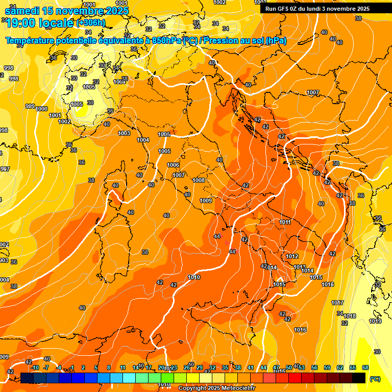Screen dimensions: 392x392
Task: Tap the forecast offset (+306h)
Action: point(90,22)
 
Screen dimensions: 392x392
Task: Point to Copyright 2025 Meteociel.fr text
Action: point(216,388)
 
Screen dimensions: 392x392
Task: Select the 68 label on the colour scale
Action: point(365,367)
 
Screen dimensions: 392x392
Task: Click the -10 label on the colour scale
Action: point(34,367)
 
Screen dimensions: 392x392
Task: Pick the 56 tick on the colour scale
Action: point(314,367)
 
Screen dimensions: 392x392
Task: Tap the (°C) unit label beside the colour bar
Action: point(375,379)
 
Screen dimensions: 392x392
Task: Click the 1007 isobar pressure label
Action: point(313,93)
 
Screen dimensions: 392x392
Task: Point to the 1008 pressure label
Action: point(199,180)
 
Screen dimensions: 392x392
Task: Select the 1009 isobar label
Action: point(206,201)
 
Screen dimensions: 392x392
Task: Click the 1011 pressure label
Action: point(285,222)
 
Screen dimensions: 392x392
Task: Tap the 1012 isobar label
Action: point(292,257)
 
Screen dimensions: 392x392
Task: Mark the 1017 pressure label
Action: point(337,303)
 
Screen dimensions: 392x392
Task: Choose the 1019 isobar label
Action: point(375,321)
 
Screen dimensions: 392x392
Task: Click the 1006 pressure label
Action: point(173,165)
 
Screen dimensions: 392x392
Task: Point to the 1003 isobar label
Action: point(124,133)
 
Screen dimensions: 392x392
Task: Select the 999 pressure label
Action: point(30,106)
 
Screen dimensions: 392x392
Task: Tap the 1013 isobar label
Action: point(300,267)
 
